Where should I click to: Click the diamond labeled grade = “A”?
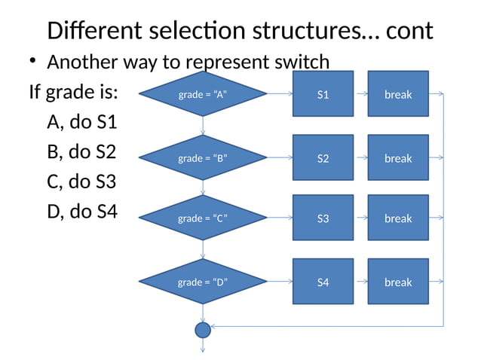(203, 94)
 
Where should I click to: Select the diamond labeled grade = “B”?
(203, 158)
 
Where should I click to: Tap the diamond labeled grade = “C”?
(203, 218)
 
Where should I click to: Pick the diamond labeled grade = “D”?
(203, 282)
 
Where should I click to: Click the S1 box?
(323, 94)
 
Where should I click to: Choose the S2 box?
(323, 158)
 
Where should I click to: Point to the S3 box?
(323, 218)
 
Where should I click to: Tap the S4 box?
(323, 282)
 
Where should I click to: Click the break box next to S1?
(398, 94)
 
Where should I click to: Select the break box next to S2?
(398, 158)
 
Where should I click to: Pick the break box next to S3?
(398, 218)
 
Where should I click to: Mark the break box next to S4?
(398, 282)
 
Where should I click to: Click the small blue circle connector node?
(203, 329)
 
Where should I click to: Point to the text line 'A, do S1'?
(81, 122)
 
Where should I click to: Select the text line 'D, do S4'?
(81, 212)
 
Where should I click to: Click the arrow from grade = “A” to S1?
(280, 94)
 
